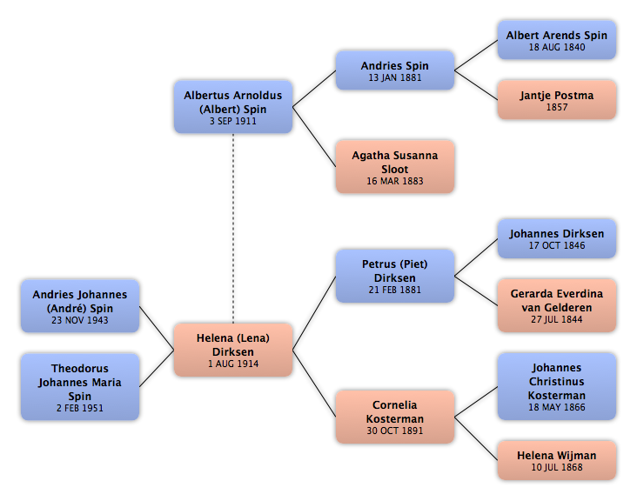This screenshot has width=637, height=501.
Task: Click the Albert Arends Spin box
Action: [x=557, y=40]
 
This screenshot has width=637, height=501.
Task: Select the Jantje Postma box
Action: [x=557, y=100]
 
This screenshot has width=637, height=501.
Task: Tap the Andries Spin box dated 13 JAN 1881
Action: [x=395, y=70]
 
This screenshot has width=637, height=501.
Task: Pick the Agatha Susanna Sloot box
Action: [x=395, y=167]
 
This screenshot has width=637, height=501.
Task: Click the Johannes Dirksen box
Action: [x=557, y=238]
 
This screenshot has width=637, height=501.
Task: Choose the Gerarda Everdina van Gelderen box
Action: [x=557, y=305]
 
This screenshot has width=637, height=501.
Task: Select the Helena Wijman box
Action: [x=557, y=460]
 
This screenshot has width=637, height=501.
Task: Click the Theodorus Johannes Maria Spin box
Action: [x=80, y=387]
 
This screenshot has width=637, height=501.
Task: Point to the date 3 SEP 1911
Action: [x=232, y=121]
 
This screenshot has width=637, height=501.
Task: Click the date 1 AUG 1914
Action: [x=232, y=364]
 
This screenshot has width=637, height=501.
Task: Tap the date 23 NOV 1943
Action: [x=80, y=320]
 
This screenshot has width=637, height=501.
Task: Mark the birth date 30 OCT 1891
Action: [x=395, y=431]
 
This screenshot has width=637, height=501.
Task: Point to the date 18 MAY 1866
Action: [x=557, y=407]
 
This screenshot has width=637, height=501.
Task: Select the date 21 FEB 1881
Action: [x=395, y=290]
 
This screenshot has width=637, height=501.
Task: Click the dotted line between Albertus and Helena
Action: [x=233, y=229]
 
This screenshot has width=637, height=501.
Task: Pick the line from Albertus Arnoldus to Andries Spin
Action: [x=314, y=89]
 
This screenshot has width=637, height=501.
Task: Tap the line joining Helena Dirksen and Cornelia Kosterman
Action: [x=314, y=384]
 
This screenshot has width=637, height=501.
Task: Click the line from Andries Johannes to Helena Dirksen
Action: [x=157, y=328]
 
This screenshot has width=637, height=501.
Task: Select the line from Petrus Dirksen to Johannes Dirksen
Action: [x=476, y=257]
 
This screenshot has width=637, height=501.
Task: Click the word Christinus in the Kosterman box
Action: [x=557, y=382]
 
